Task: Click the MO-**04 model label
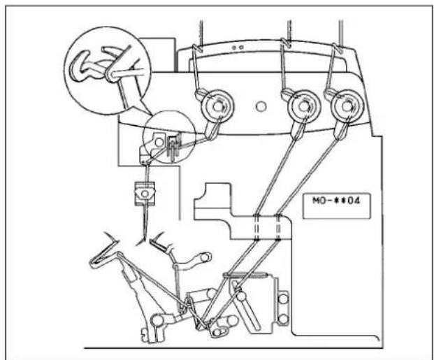pos(337,200)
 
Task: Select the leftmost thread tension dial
pos(217,106)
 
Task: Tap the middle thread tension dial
pos(303,106)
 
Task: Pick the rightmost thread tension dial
pos(347,106)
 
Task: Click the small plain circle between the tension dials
pos(261,106)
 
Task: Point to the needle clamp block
pos(145,194)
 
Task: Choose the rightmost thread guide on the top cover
pos(338,48)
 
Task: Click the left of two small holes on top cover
pos(234,48)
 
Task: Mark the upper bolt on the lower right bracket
pos(283,298)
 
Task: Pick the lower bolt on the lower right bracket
pos(283,319)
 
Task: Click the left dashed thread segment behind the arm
pos(256,227)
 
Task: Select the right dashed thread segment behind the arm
pos(278,227)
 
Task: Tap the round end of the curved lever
pos(205,257)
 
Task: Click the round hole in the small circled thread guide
pos(159,143)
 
